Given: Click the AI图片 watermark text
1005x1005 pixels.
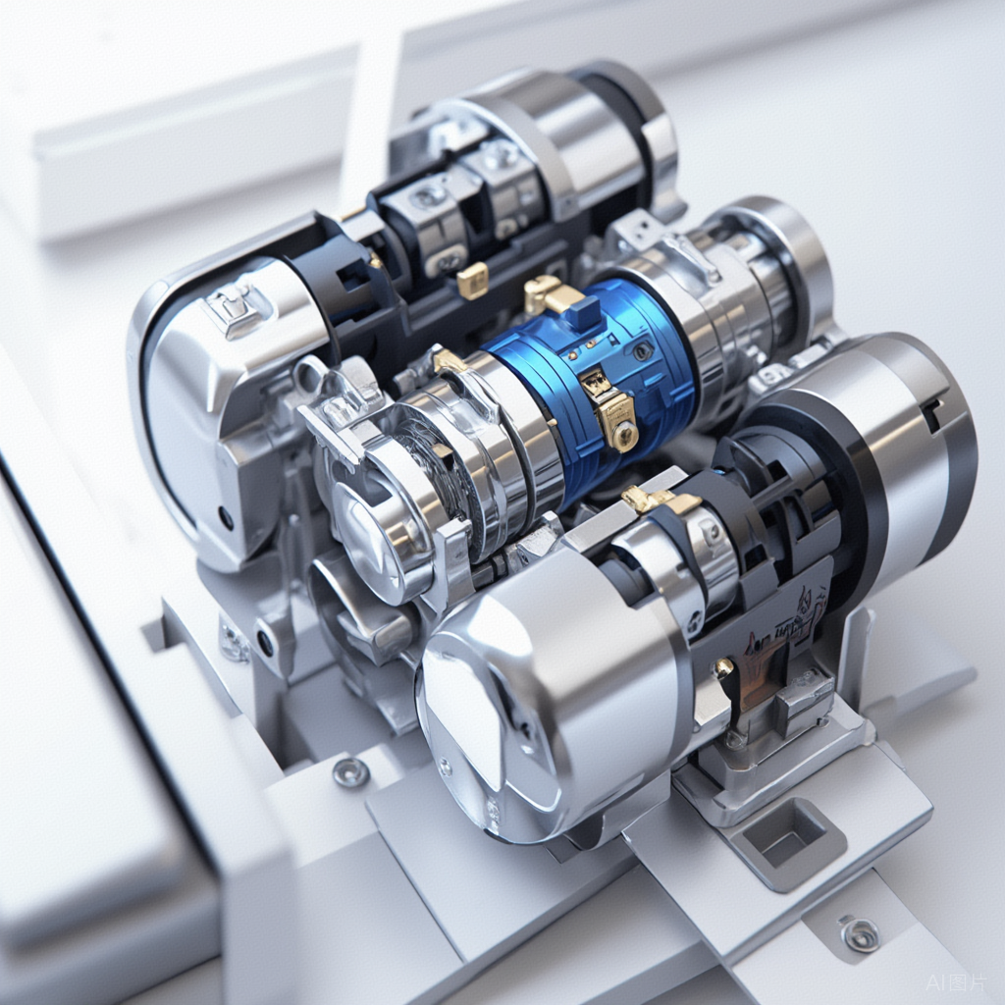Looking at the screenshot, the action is [x=955, y=981].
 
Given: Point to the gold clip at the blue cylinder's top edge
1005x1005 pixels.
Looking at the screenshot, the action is [x=552, y=294].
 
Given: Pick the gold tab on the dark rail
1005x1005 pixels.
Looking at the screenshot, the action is [x=472, y=280].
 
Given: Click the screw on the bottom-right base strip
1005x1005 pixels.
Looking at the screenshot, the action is [x=859, y=934].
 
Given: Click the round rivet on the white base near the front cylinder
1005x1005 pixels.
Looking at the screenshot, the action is [x=351, y=773].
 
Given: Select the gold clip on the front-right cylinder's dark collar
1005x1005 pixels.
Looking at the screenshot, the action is [x=661, y=500].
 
